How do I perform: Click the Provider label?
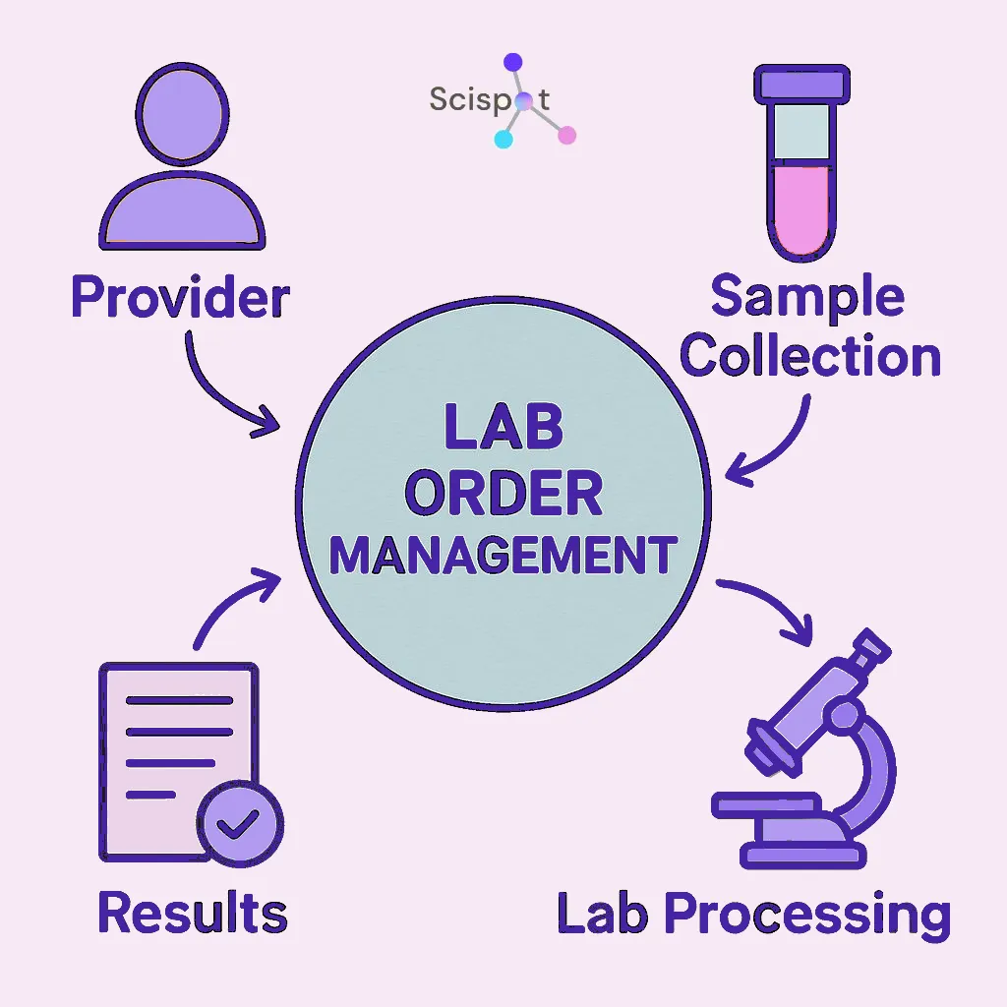tap(180, 297)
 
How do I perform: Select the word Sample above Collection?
tap(806, 297)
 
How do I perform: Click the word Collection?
tap(810, 356)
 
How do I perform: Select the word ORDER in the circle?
tap(503, 495)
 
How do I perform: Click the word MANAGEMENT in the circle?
tap(503, 556)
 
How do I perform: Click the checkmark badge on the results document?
tap(239, 824)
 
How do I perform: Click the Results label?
tap(193, 913)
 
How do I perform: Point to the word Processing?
tap(806, 915)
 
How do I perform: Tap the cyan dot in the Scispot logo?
tap(503, 139)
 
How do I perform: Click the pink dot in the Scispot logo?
tap(566, 136)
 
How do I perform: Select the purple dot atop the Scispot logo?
tap(512, 62)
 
